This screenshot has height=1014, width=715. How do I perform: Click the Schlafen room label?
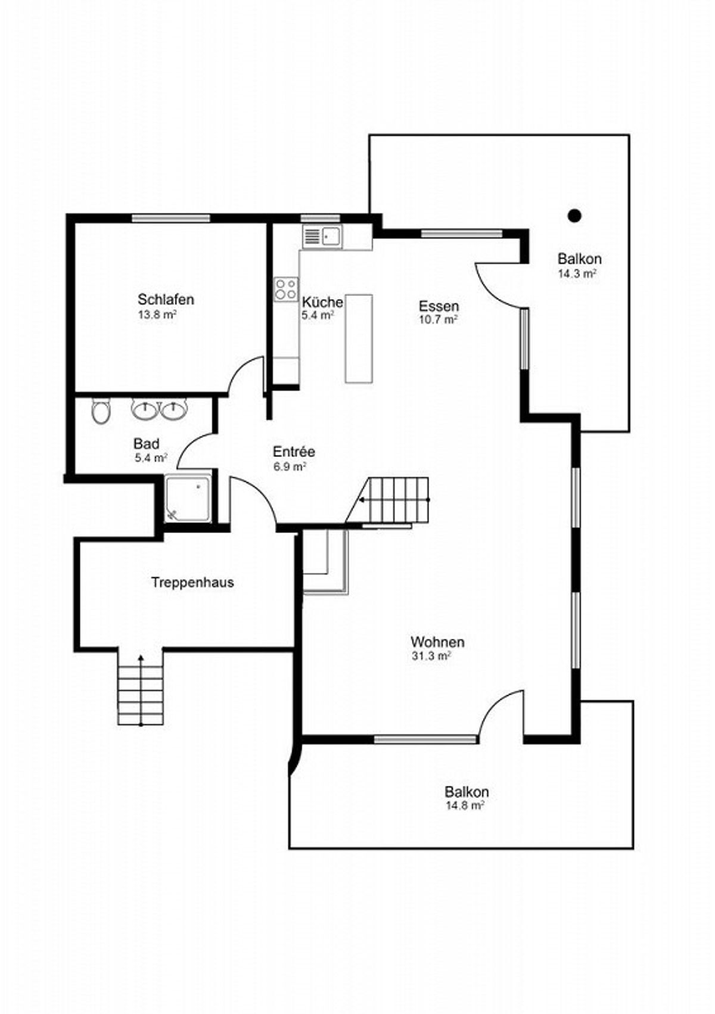click(166, 299)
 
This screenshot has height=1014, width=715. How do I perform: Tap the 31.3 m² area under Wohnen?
click(430, 656)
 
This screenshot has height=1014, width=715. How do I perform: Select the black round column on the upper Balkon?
click(574, 216)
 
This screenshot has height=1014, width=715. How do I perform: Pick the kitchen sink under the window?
click(322, 237)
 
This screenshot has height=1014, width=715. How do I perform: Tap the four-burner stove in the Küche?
click(286, 289)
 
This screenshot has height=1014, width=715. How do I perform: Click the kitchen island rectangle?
click(359, 338)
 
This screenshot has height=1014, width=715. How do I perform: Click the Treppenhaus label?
click(192, 582)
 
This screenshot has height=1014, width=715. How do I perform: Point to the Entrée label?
click(294, 452)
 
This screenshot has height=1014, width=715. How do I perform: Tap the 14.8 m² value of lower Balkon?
click(465, 805)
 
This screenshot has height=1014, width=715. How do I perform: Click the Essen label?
click(439, 306)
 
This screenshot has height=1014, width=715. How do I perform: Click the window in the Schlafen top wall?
click(171, 219)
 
